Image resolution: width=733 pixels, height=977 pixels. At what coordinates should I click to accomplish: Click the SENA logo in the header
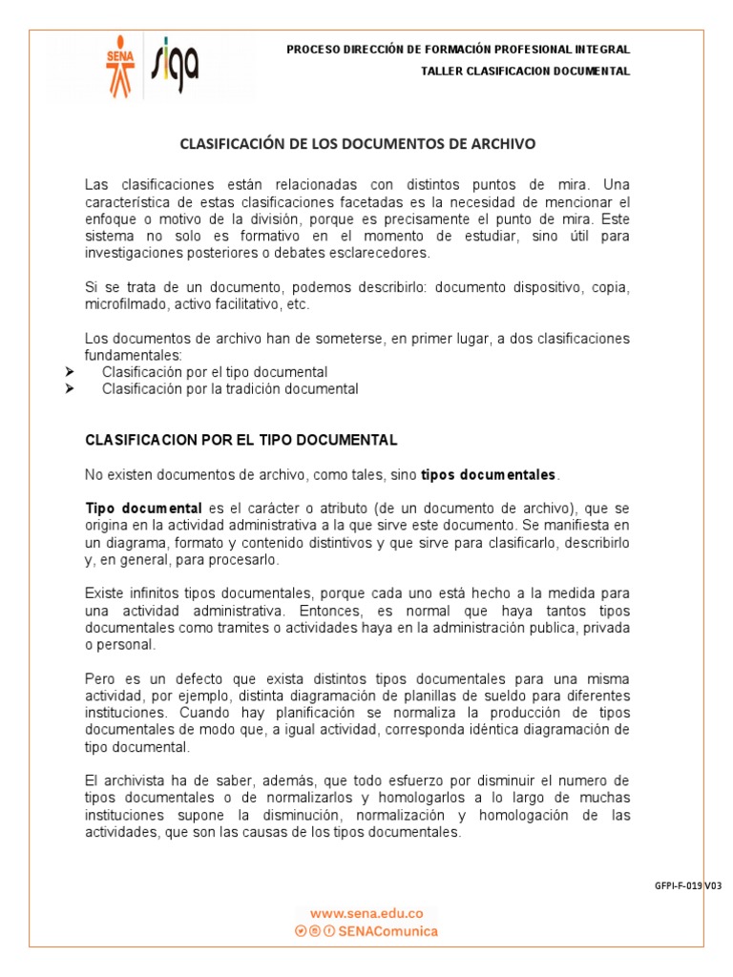118,68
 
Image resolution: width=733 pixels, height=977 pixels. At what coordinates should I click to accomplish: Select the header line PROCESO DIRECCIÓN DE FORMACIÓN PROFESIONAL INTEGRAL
458,49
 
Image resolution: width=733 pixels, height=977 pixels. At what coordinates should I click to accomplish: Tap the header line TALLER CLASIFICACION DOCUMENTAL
525,72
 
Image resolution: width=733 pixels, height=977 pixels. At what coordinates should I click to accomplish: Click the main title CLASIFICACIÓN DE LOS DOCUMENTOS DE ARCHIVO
358,143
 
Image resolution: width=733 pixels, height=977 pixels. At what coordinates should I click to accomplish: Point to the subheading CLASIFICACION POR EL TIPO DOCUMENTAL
241,440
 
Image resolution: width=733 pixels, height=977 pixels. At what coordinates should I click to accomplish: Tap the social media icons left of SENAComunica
314,931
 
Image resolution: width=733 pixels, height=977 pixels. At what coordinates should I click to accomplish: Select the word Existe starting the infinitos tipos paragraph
105,594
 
